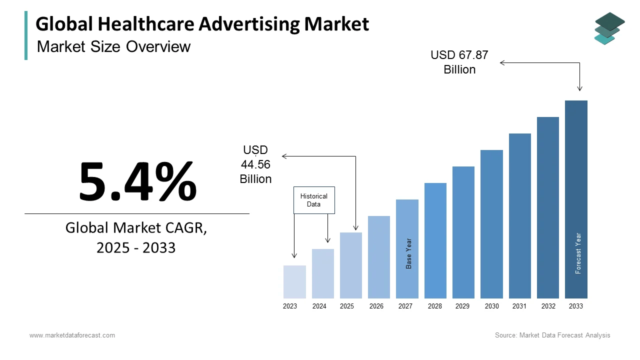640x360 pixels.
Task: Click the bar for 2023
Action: click(294, 282)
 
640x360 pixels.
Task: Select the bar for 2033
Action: click(576, 199)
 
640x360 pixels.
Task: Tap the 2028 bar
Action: click(435, 240)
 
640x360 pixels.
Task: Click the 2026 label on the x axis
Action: click(376, 306)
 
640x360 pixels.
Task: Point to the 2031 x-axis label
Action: click(519, 306)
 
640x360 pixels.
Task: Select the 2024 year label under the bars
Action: click(319, 306)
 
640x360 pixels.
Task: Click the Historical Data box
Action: click(314, 200)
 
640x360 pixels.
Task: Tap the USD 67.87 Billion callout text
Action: click(459, 62)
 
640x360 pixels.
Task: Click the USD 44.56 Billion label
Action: click(255, 164)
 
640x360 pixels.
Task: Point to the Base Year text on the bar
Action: click(409, 253)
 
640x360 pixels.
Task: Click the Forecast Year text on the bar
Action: click(578, 253)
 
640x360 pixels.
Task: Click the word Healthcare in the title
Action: click(145, 24)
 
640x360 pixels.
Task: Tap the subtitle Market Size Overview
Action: click(113, 46)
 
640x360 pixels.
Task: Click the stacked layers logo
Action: click(609, 28)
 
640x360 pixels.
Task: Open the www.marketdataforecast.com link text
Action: click(72, 335)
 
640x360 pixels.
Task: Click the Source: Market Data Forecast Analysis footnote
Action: click(552, 335)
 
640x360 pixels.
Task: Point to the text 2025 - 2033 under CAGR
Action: click(136, 247)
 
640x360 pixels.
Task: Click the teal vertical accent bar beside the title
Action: click(26, 35)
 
